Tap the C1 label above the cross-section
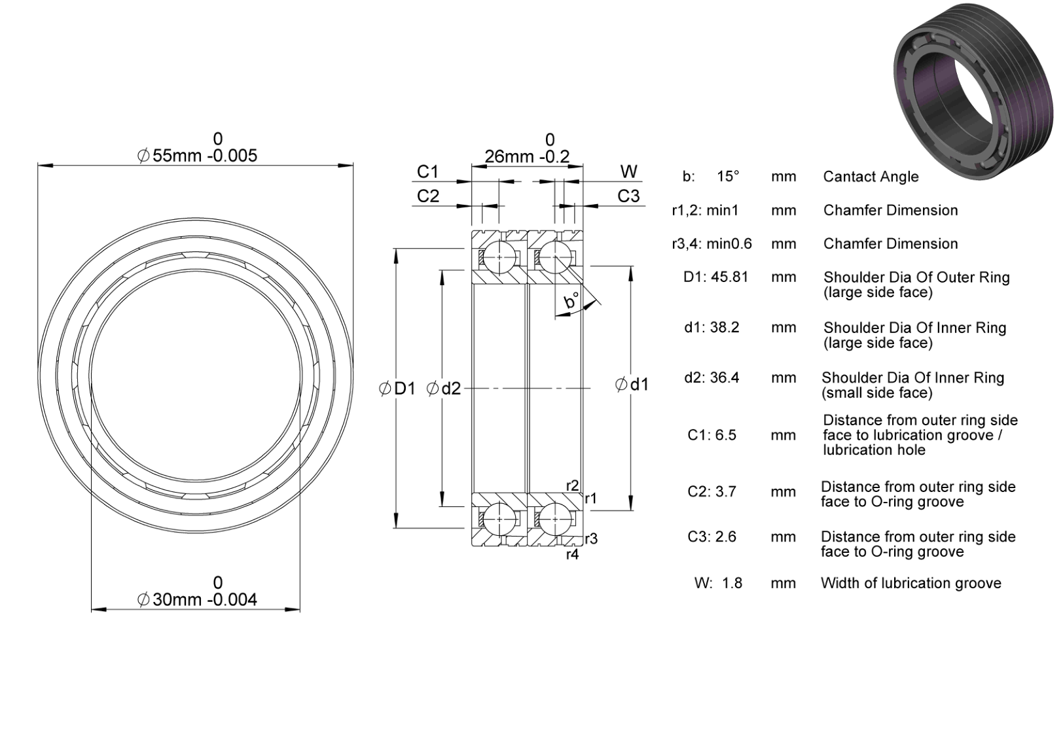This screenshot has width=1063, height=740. pos(427,171)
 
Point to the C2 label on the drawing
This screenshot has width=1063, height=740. pos(428,196)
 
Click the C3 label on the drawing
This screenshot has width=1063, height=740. pos(628,196)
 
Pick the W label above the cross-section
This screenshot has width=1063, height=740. pos(629,171)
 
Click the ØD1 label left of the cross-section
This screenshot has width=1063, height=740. pos(397,389)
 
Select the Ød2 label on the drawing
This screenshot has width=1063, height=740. pos(444,389)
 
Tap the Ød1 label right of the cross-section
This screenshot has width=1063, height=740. pos(632,384)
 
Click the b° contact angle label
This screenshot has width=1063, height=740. pos(571,301)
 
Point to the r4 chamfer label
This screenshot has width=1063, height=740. pos(572,554)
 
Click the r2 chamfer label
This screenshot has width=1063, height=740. pos(572,485)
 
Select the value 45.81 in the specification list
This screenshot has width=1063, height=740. pos(729,277)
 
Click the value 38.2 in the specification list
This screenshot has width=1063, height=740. pos(725,327)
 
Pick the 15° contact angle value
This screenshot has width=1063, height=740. pos(728,177)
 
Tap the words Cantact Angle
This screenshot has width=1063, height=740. pos(871,177)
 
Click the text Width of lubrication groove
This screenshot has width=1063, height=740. pos(911,583)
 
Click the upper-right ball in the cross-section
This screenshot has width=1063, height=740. pos(555,256)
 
